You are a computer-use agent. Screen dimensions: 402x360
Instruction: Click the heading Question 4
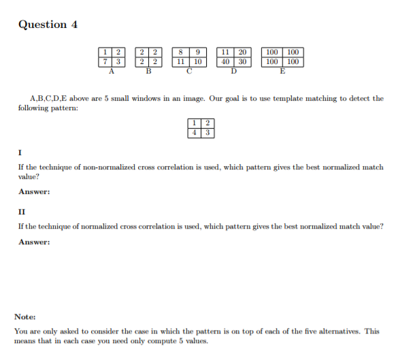[x=48, y=25]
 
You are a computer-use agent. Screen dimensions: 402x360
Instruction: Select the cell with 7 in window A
[x=105, y=61]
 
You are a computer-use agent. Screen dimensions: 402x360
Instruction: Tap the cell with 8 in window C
[x=180, y=52]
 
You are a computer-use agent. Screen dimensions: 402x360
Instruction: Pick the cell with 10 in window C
[x=198, y=61]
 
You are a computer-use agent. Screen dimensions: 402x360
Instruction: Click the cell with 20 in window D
[x=242, y=52]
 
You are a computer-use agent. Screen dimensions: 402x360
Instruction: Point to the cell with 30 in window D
[x=242, y=61]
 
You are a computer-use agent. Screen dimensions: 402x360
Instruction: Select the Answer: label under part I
[x=34, y=192]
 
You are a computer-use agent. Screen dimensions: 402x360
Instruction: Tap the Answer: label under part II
[x=34, y=242]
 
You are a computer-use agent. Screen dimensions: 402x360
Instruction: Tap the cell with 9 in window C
[x=198, y=52]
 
